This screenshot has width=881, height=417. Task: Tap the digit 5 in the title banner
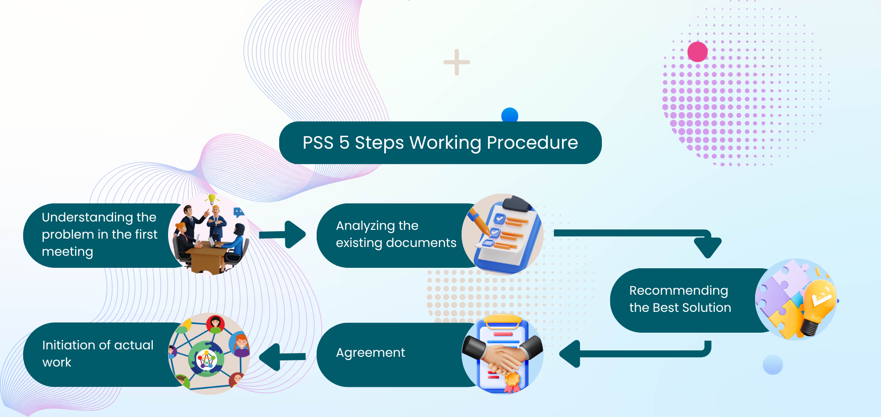(x=344, y=143)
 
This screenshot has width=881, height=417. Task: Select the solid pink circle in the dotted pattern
(x=697, y=51)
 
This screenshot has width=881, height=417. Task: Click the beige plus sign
(x=456, y=62)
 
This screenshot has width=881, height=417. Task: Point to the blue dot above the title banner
(x=510, y=114)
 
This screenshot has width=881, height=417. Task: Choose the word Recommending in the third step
(x=678, y=291)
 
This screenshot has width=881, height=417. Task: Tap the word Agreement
(x=370, y=353)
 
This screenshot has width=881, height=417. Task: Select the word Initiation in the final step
(x=69, y=345)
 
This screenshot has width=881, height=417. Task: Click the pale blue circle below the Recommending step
(x=773, y=365)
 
